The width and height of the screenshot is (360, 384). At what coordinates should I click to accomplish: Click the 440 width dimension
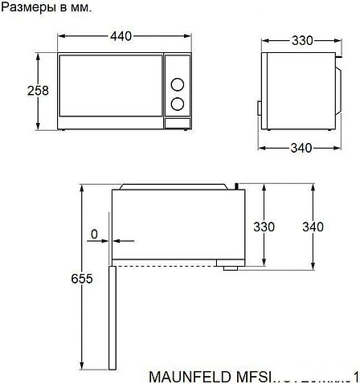pos(121,37)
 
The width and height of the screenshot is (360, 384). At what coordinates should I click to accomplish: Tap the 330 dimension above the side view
pos(301,41)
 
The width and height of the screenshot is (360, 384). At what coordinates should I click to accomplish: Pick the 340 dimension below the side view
pos(301,147)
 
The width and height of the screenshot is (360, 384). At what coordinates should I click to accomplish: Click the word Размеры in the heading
pos(27,7)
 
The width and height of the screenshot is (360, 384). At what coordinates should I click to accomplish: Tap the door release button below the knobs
pos(177,122)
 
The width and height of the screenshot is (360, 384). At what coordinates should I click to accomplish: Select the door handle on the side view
pos(259,107)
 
